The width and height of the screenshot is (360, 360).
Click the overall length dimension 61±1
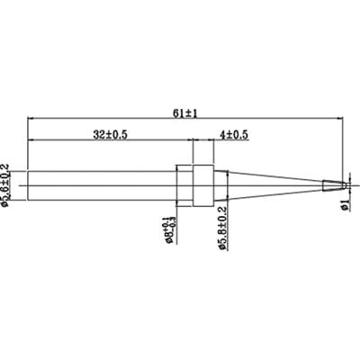click(184, 111)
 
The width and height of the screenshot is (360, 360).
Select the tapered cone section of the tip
click(270, 185)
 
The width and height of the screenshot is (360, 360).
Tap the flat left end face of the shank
click(28, 185)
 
